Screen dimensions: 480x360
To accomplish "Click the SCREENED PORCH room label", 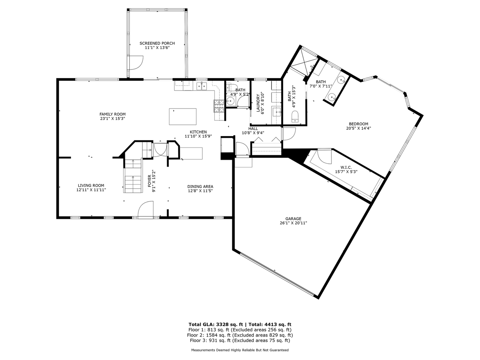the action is pyautogui.click(x=157, y=43).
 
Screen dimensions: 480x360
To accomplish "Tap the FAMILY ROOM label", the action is pyautogui.click(x=112, y=114).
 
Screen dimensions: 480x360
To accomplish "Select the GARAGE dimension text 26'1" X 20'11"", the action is pyautogui.click(x=293, y=223).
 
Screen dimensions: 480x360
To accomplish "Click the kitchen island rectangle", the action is pyautogui.click(x=183, y=117).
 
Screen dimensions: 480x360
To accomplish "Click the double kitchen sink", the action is pyautogui.click(x=201, y=86).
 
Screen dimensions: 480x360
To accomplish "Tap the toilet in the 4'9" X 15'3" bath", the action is pyautogui.click(x=295, y=116).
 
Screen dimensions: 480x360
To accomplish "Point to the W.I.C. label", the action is pyautogui.click(x=346, y=167).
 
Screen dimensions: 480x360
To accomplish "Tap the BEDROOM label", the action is pyautogui.click(x=358, y=124).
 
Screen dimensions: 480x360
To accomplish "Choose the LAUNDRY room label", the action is pyautogui.click(x=258, y=103).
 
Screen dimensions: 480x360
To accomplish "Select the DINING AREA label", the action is pyautogui.click(x=200, y=186).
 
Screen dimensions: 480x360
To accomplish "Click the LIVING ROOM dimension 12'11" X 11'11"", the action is pyautogui.click(x=91, y=190).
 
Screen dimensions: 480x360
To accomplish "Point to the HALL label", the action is pyautogui.click(x=253, y=129).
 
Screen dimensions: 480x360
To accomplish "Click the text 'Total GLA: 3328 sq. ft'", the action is pyautogui.click(x=216, y=324).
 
